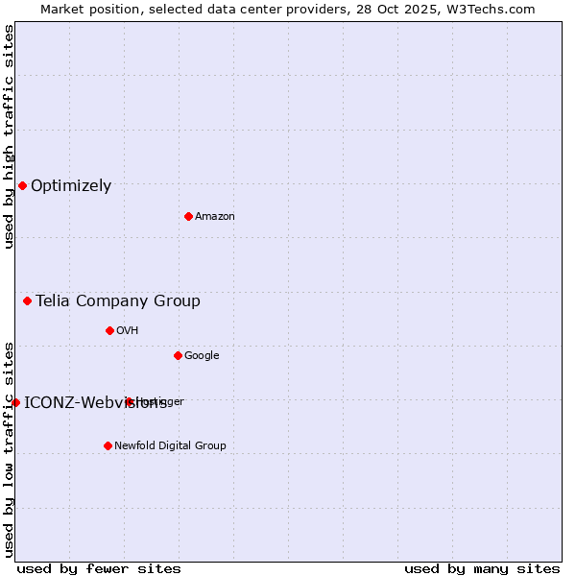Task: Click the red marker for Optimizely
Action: click(22, 185)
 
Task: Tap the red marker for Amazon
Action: click(188, 216)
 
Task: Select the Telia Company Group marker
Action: click(27, 300)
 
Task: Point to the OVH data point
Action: click(109, 330)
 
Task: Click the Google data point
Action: click(178, 355)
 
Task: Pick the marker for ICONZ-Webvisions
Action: click(15, 402)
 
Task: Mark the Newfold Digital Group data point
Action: click(108, 445)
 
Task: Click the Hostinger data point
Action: click(129, 401)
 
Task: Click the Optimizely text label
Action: click(71, 186)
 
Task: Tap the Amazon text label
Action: click(215, 217)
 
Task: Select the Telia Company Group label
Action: click(118, 301)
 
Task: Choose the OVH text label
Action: click(128, 331)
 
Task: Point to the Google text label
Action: click(202, 356)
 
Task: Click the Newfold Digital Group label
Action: click(170, 446)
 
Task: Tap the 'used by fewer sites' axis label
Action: click(99, 568)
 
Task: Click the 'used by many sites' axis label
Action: click(482, 568)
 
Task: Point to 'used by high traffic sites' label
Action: click(10, 136)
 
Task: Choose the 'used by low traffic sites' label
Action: click(10, 449)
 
